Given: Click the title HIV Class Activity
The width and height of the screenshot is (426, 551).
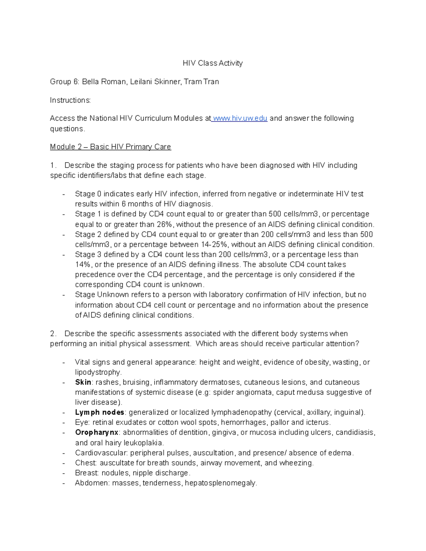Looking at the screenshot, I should [213, 63].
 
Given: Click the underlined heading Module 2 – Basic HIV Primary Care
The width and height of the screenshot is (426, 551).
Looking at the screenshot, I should [110, 147].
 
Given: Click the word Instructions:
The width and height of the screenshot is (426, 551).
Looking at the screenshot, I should [70, 100].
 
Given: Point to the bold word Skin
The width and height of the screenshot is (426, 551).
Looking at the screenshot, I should [83, 382].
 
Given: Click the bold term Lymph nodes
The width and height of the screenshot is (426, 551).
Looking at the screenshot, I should [99, 412].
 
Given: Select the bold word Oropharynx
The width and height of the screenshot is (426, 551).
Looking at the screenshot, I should [97, 432].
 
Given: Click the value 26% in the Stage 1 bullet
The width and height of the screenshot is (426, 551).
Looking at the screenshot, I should [164, 224].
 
